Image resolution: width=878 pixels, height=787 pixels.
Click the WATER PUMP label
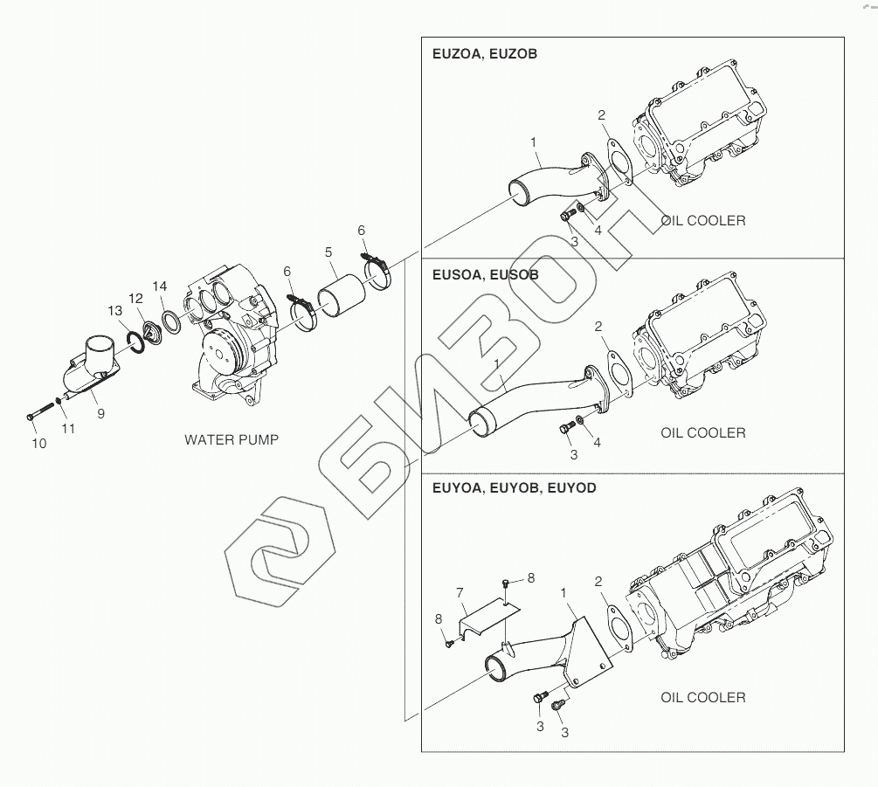pos(232,439)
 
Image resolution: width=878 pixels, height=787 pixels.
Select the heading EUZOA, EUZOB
pos(485,53)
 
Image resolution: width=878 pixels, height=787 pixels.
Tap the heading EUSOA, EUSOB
pos(486,274)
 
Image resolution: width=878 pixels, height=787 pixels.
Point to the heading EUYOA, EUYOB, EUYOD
pos(515,488)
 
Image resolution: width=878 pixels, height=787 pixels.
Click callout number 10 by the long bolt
pos(39,444)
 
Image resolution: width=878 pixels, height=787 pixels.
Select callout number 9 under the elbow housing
pos(100,413)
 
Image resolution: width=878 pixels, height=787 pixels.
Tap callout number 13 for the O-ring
pos(115,310)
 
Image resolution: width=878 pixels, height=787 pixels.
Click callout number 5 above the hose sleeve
pos(328,252)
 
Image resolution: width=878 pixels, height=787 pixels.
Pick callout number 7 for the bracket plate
pos(460,593)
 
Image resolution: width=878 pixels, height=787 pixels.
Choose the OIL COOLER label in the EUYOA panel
pos(703,697)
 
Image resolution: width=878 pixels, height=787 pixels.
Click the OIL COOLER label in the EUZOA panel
pos(703,220)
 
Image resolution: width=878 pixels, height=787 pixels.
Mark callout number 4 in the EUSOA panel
pos(598,443)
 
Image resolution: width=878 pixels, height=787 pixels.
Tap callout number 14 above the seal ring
pos(159,286)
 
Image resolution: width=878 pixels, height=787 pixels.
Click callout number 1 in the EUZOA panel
pos(533,142)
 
